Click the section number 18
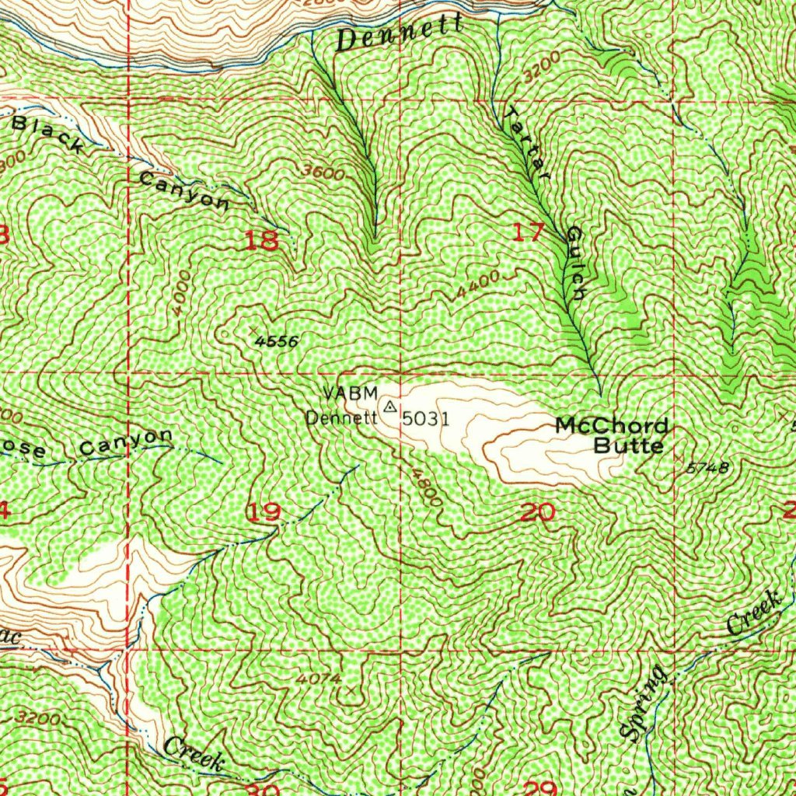click(x=260, y=240)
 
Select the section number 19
click(x=264, y=512)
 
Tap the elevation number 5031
click(x=425, y=419)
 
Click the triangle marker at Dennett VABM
click(x=389, y=407)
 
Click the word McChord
click(x=612, y=426)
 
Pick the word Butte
click(x=628, y=446)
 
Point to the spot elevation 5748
click(x=707, y=467)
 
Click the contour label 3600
click(x=324, y=173)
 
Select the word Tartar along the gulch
click(x=528, y=145)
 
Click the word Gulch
click(x=575, y=264)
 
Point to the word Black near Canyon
click(x=48, y=132)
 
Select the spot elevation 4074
click(x=319, y=679)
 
